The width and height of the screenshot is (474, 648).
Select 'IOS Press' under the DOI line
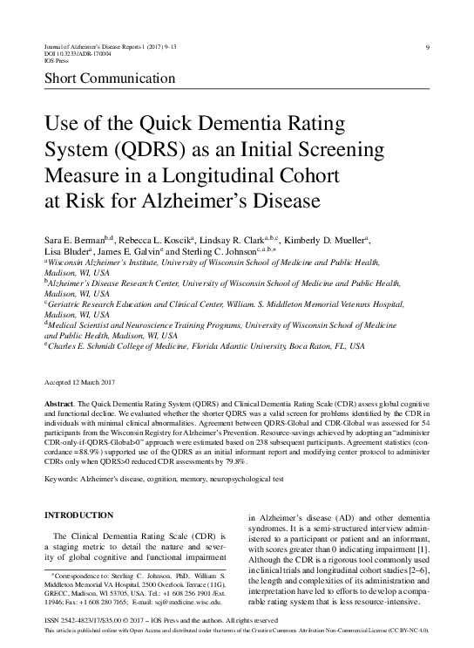click(55, 61)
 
